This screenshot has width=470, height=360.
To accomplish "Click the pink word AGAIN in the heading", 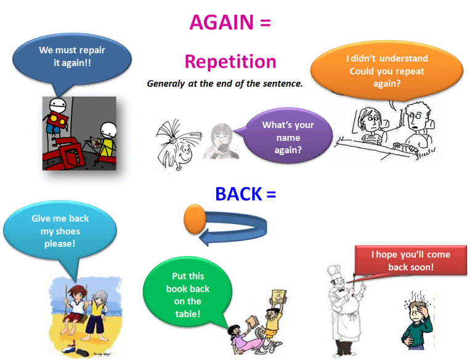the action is (222, 23).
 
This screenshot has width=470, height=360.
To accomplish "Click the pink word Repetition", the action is (230, 62).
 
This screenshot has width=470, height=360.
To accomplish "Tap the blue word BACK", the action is (238, 194).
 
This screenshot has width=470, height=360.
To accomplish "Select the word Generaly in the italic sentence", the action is (166, 84).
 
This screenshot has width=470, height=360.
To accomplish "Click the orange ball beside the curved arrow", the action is (195, 219).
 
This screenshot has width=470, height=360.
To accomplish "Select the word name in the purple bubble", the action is (288, 138).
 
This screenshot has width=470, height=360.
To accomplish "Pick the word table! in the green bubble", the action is (188, 314).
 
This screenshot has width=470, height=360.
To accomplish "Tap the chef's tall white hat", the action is (334, 273).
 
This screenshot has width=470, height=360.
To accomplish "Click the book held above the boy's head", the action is (279, 298).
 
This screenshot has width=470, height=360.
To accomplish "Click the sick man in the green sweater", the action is (416, 321).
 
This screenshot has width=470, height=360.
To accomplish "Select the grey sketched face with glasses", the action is (222, 141).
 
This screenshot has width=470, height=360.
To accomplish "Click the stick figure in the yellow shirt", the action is (107, 139).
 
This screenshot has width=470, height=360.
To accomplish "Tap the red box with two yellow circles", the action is (57, 119).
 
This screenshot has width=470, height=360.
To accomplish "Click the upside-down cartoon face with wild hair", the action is (177, 145).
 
